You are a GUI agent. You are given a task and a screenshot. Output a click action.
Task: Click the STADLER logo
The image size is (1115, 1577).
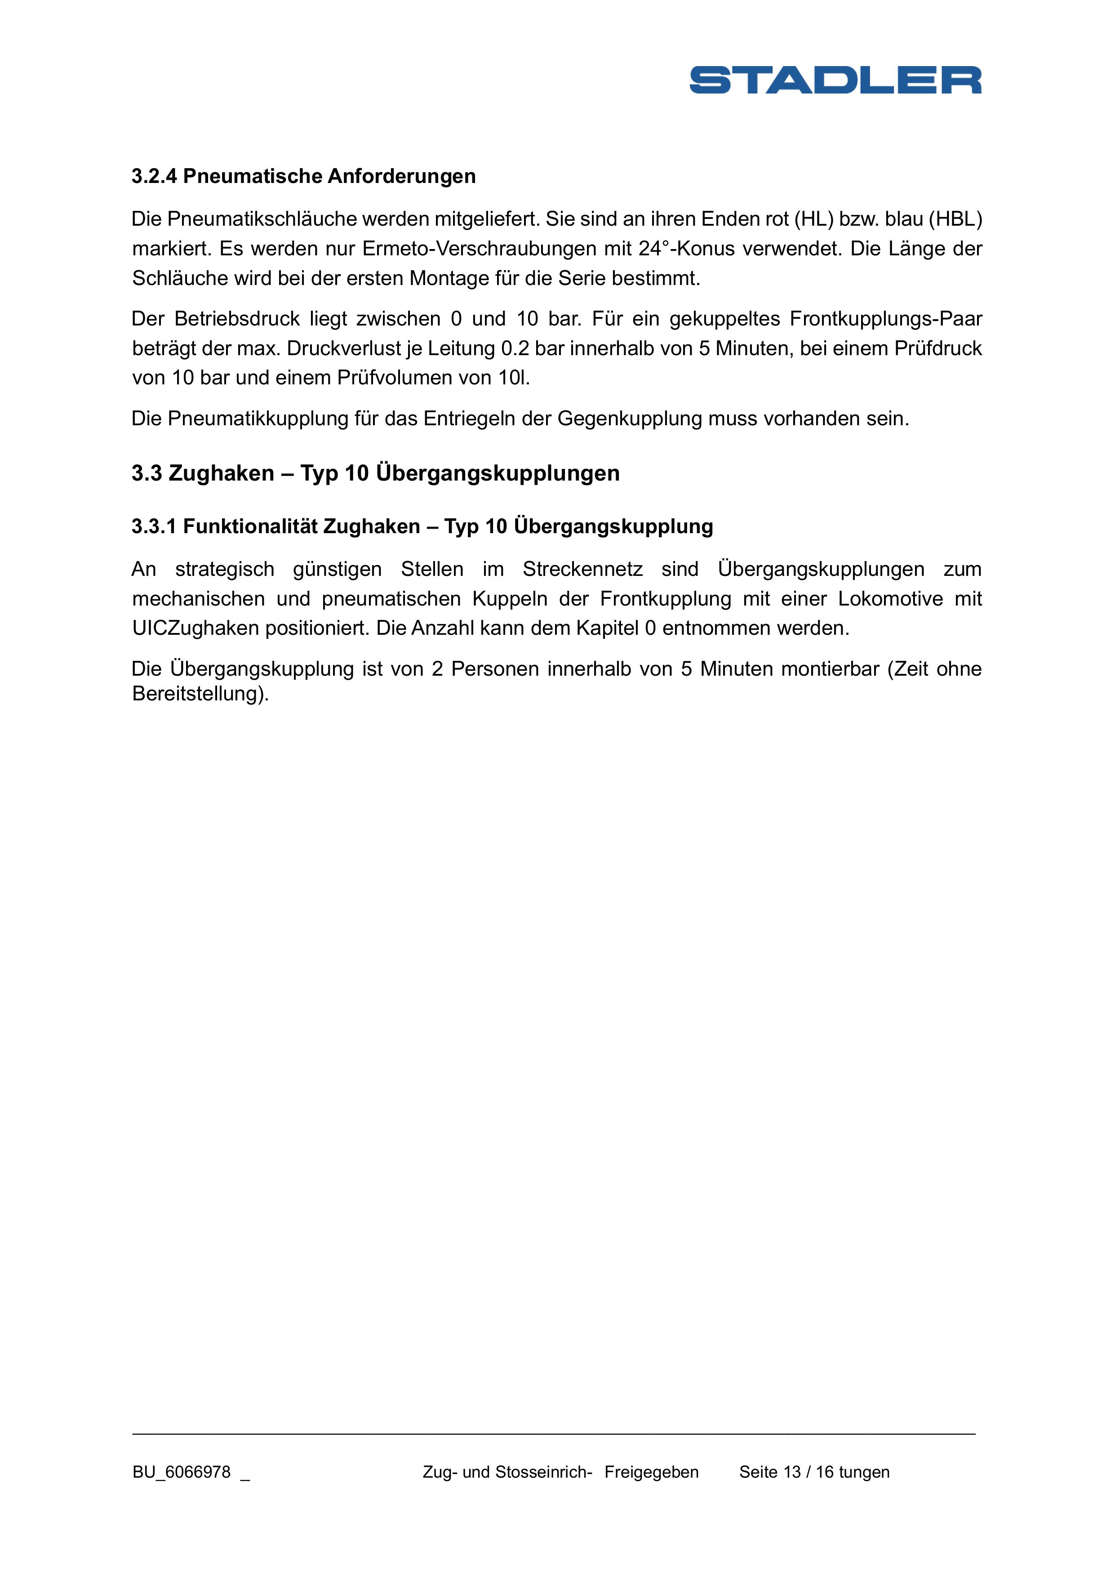835,80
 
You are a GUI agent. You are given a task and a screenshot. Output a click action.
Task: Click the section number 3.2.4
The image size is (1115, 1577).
155,177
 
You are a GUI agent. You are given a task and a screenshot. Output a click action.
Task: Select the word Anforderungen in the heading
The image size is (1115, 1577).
401,177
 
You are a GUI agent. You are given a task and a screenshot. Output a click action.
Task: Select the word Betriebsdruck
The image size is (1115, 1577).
237,319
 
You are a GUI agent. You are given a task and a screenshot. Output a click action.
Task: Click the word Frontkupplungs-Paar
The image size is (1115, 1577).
886,319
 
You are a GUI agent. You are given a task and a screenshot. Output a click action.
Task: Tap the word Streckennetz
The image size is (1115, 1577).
582,570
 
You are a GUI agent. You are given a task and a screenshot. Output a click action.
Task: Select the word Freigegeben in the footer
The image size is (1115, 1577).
652,1472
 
